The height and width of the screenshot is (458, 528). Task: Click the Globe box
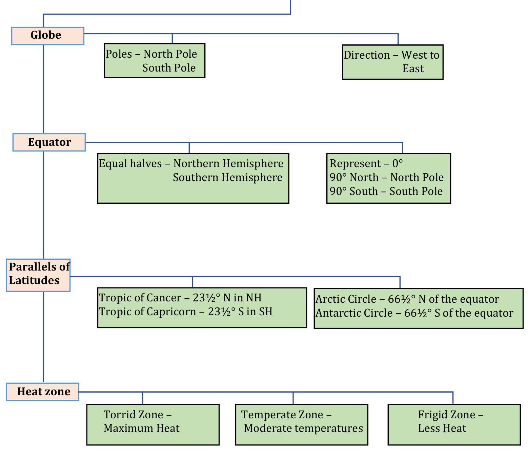47,36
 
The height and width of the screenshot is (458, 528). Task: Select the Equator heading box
49,142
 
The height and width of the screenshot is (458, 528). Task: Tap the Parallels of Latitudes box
38,275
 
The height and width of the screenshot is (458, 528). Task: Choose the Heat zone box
43,392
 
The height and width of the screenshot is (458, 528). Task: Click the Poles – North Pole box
155,61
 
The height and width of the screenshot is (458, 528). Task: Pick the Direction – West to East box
392,62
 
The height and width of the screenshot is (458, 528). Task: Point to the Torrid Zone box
153,424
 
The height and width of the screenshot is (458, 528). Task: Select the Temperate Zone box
301,424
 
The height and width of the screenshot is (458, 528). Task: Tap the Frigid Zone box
454,424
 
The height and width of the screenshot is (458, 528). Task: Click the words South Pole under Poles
169,68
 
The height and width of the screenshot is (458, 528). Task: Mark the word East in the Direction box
413,68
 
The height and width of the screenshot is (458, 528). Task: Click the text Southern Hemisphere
227,177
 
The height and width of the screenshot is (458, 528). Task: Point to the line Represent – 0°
366,163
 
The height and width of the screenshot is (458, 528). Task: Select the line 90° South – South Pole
386,191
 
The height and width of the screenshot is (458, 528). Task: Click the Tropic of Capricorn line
185,312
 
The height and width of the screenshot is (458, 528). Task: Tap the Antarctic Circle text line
414,313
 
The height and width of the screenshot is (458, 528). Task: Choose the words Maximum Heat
141,428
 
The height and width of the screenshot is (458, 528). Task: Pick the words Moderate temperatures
303,428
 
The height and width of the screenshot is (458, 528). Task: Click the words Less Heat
442,428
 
